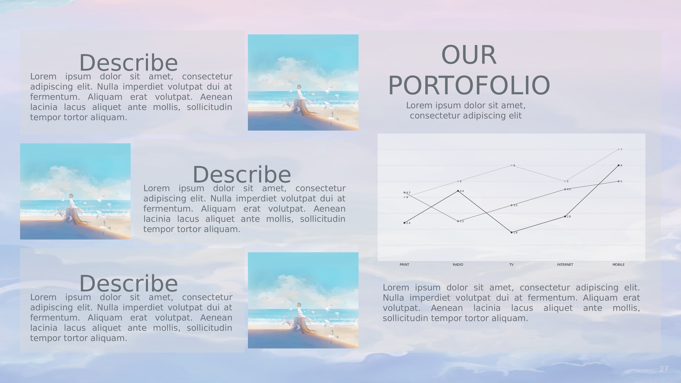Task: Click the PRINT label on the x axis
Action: pyautogui.click(x=404, y=265)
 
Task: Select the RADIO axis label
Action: pyautogui.click(x=458, y=265)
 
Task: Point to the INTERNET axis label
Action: pyautogui.click(x=565, y=265)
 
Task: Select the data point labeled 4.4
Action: pyautogui.click(x=458, y=191)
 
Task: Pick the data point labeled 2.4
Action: pyautogui.click(x=405, y=223)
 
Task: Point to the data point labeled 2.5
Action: pyautogui.click(x=458, y=221)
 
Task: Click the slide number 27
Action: pyautogui.click(x=664, y=369)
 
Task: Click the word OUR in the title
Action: pyautogui.click(x=469, y=55)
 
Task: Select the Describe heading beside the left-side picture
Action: pyautogui.click(x=242, y=174)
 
